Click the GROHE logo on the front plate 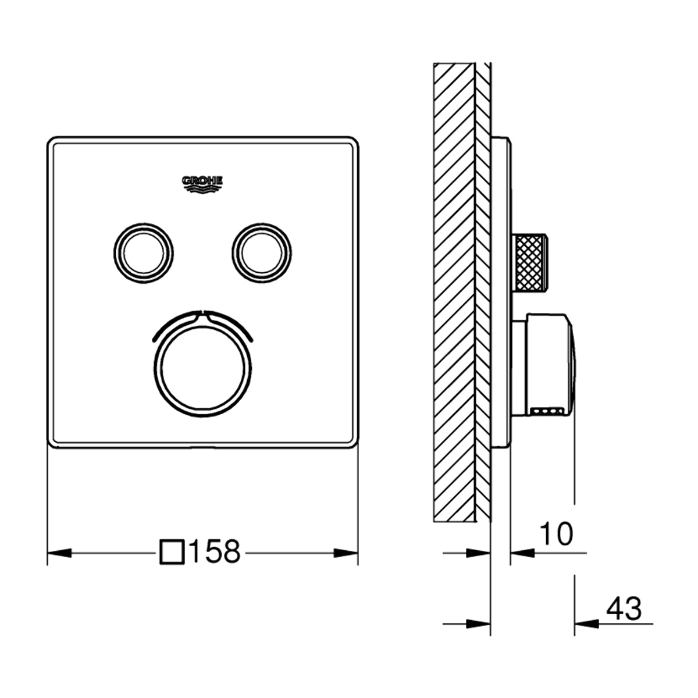[203, 183]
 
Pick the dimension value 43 [624, 608]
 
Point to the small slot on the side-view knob [549, 412]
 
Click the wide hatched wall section [454, 291]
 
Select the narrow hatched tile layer [483, 291]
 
